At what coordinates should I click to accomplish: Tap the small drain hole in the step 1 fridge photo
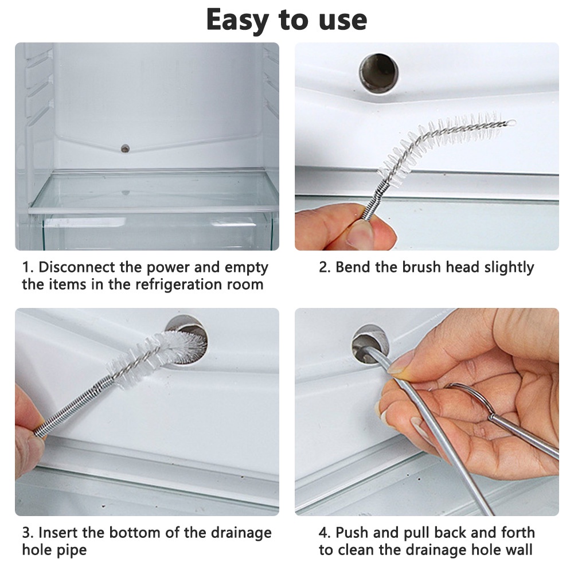(x=125, y=149)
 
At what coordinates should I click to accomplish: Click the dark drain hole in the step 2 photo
(x=378, y=73)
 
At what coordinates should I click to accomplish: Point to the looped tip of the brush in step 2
(x=511, y=123)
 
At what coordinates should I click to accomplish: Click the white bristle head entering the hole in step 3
(x=161, y=353)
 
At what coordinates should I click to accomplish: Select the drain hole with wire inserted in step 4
(x=370, y=344)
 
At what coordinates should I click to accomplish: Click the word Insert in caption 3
(x=58, y=533)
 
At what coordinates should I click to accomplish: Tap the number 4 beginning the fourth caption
(x=323, y=533)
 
